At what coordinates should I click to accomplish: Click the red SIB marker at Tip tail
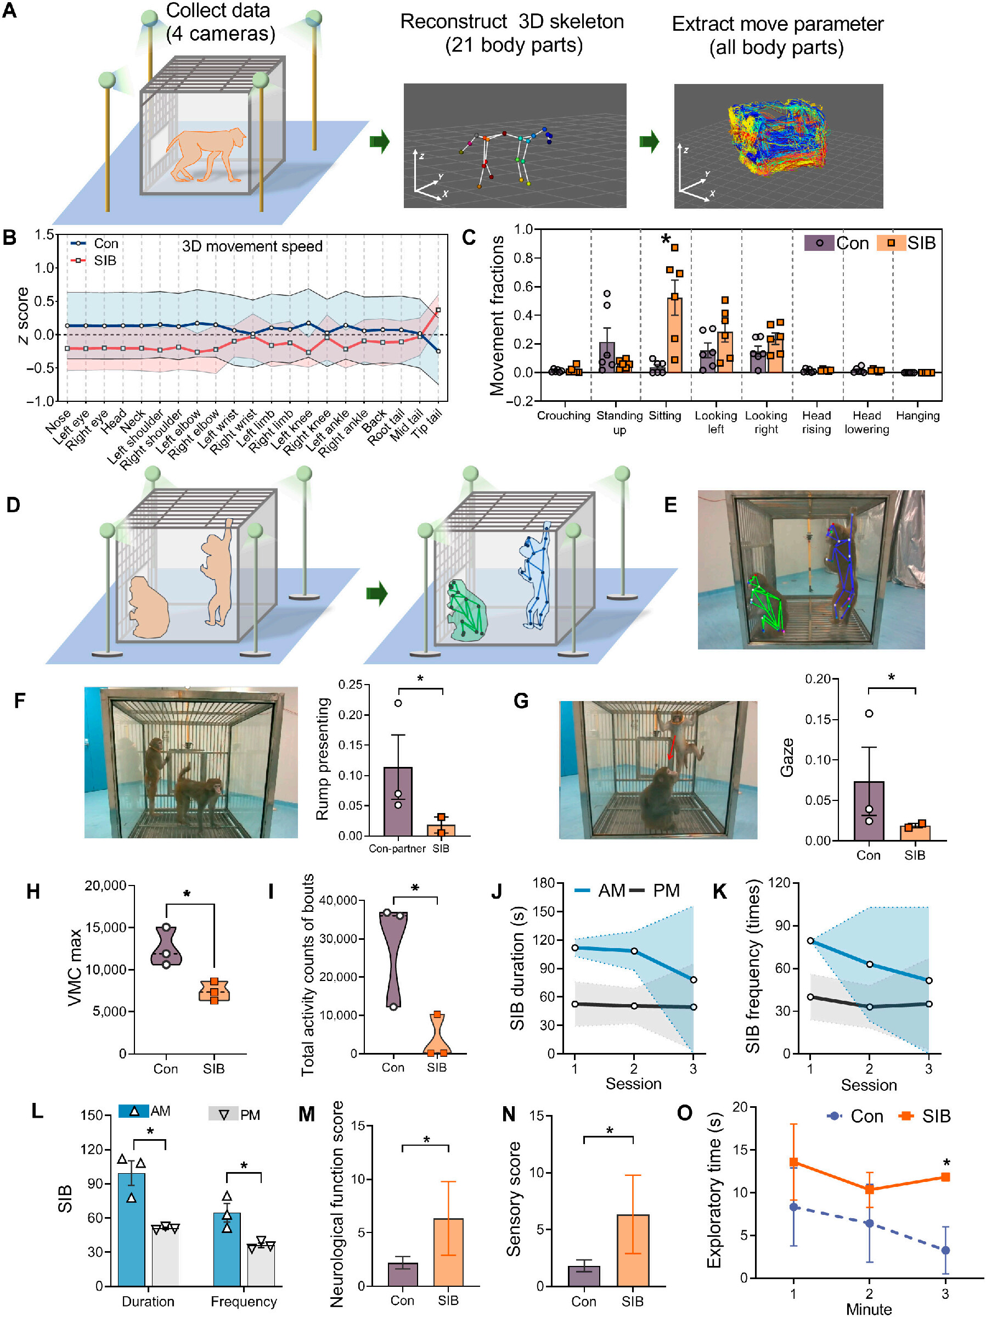tap(438, 310)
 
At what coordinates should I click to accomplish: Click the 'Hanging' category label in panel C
tap(917, 416)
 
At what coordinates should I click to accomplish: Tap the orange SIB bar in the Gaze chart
tap(915, 832)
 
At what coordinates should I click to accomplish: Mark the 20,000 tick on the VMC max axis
tap(105, 886)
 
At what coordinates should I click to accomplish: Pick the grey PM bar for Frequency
tap(261, 1265)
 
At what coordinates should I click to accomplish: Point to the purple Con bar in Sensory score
tap(584, 1276)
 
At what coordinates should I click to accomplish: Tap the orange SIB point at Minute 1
tap(794, 1162)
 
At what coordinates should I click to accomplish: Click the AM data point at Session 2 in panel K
tap(869, 964)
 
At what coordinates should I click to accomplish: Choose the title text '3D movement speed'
tap(252, 246)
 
